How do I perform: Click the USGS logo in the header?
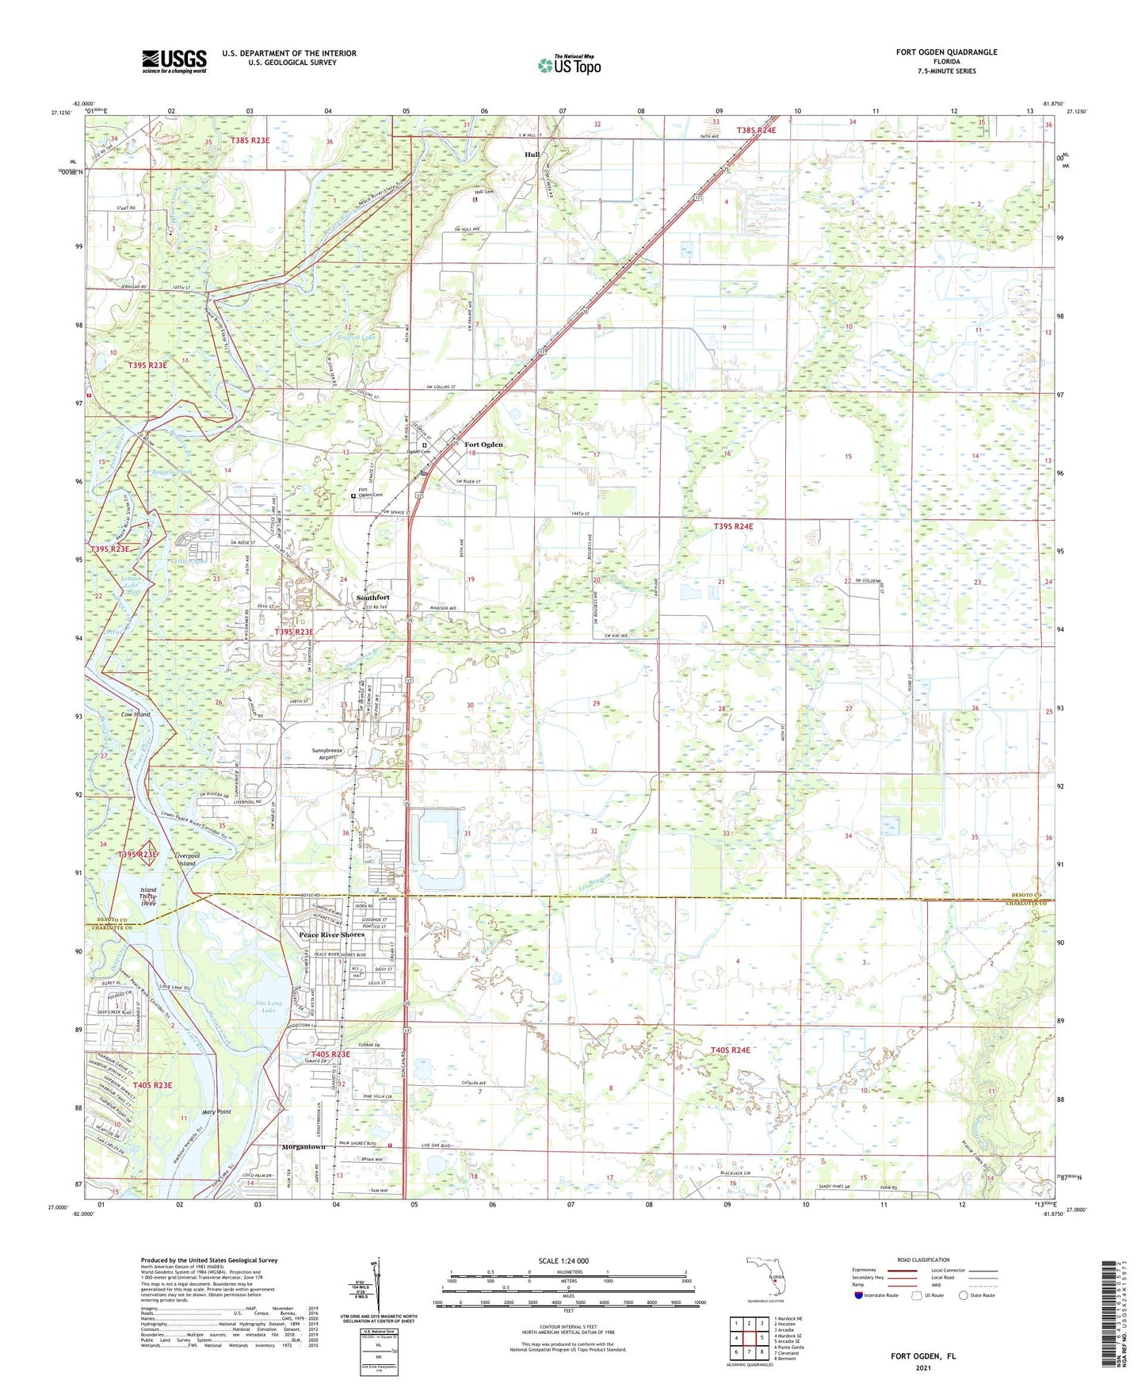(174, 61)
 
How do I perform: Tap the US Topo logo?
(569, 65)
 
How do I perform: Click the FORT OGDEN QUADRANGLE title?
(946, 52)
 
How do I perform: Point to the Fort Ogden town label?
(483, 445)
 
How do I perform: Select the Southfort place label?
(372, 597)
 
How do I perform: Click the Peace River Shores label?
(331, 935)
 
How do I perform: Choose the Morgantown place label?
(303, 1147)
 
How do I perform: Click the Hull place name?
(532, 155)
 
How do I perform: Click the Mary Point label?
(216, 1111)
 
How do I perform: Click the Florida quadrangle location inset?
(765, 1279)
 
